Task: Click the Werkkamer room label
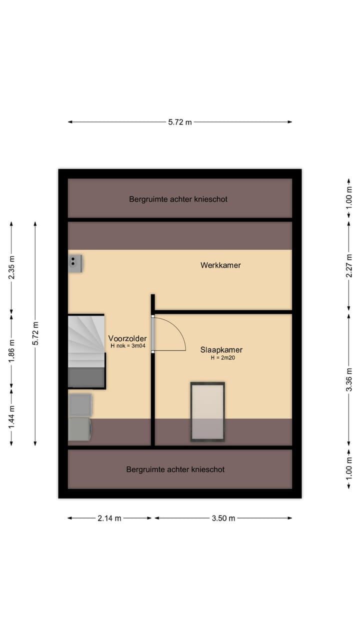tap(220, 265)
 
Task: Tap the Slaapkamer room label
tap(221, 349)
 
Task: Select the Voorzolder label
tap(127, 338)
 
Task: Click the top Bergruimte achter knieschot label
tap(178, 199)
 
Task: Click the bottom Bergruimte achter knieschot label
tap(175, 469)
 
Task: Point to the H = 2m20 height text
tap(223, 357)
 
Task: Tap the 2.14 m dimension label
tap(109, 518)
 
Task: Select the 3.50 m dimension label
tap(223, 518)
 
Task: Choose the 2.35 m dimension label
tap(11, 267)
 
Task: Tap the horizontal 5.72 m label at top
tap(180, 122)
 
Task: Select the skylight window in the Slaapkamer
tap(207, 411)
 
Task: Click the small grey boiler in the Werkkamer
tap(75, 263)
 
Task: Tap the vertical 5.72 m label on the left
tap(35, 333)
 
